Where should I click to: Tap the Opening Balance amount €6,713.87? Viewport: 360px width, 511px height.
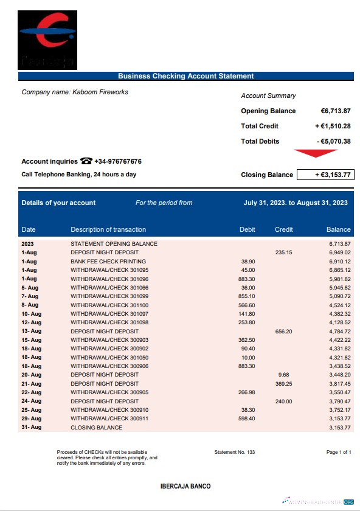point(335,111)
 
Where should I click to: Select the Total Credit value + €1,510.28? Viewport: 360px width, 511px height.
point(333,126)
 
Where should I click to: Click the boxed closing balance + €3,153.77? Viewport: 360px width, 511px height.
point(325,175)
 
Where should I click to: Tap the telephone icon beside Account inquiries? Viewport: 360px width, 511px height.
point(86,161)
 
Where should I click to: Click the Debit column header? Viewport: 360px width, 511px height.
point(247,229)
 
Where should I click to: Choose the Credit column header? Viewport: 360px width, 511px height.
point(283,229)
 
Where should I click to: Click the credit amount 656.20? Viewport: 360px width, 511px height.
point(283,332)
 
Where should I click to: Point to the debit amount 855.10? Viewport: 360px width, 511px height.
point(247,296)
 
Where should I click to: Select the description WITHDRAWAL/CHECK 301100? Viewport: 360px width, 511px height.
point(109,305)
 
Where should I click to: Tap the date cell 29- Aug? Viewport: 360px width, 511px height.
point(31,419)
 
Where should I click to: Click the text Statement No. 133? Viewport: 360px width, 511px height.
point(235,452)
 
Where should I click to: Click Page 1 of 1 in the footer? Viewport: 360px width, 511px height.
point(339,452)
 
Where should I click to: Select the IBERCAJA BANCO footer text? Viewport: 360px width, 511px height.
point(185,487)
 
